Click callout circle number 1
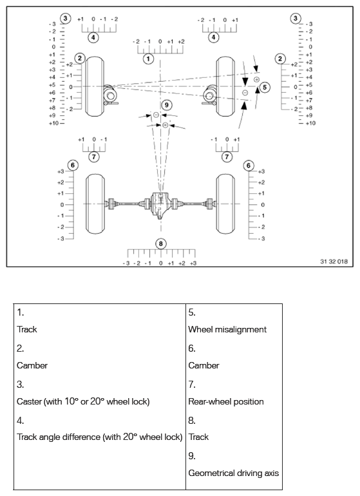(149, 59)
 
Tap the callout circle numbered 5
(265, 86)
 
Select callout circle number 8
(161, 243)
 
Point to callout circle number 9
(167, 104)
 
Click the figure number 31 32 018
(333, 262)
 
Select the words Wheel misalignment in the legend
(227, 329)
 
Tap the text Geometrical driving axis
(233, 473)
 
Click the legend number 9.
(191, 455)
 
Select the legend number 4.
(21, 419)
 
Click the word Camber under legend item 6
(204, 365)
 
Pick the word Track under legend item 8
(198, 437)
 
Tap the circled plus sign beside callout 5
(256, 79)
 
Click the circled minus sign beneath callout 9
(156, 115)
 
